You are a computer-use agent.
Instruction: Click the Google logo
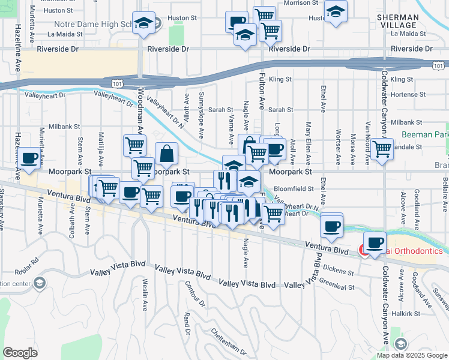(21, 353)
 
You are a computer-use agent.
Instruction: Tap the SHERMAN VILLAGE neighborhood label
(397, 21)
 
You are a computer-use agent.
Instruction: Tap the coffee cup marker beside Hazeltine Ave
(29, 158)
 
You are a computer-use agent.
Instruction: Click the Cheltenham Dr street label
(228, 340)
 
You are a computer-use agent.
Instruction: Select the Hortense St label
(407, 94)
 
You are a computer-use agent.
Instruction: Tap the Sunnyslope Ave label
(202, 112)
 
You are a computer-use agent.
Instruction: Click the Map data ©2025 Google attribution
(411, 355)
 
